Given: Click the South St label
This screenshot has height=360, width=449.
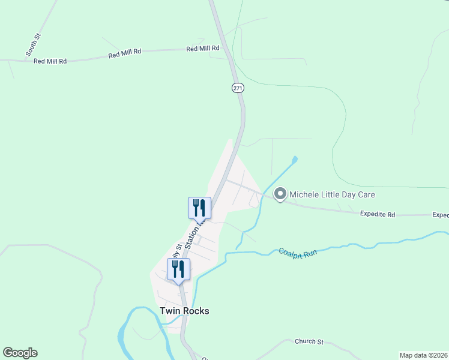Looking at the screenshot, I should [33, 46].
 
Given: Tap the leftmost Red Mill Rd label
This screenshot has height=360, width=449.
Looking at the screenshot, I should [50, 61].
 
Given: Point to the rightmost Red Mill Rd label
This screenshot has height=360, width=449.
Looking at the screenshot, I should [202, 49].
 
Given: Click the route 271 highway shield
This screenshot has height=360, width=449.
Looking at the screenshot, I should [238, 88].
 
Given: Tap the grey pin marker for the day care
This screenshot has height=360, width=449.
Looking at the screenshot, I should [280, 194].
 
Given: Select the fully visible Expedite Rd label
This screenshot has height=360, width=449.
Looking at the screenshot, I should [378, 214].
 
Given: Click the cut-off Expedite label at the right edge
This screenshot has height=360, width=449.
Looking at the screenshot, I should [440, 215].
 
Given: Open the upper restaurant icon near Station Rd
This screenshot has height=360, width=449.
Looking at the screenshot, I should [199, 208].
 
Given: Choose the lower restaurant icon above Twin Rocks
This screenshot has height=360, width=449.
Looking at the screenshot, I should [178, 269].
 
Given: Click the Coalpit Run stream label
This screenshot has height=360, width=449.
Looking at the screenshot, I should [297, 253].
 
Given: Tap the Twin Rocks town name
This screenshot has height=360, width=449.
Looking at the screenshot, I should [184, 311].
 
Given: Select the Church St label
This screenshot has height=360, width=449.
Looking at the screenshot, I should [309, 341].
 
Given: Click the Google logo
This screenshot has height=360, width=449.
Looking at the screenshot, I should [20, 353].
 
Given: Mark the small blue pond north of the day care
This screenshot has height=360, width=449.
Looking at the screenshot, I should [294, 160].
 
